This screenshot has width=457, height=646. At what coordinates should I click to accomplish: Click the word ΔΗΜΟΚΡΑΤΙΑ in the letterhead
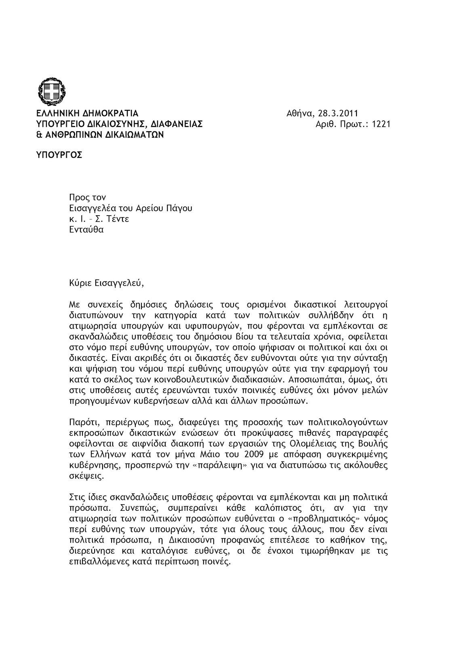tap(111, 113)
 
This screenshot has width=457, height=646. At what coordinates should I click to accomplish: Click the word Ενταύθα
tap(86, 230)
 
